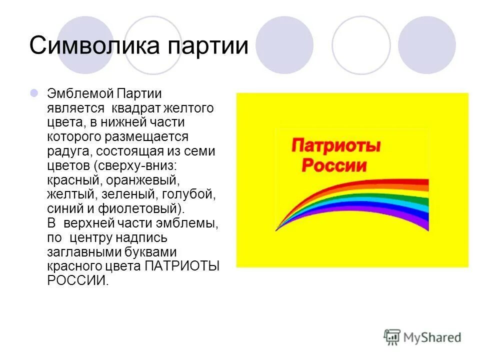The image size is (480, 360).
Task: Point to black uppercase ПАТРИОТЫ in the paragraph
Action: (x=182, y=266)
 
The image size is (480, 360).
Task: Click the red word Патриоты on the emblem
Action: (x=335, y=146)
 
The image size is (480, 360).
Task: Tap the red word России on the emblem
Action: (x=334, y=165)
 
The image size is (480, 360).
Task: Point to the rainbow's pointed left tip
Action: (x=276, y=230)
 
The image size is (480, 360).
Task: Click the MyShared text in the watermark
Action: (x=433, y=337)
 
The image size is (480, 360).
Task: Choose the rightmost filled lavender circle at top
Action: (x=427, y=45)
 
